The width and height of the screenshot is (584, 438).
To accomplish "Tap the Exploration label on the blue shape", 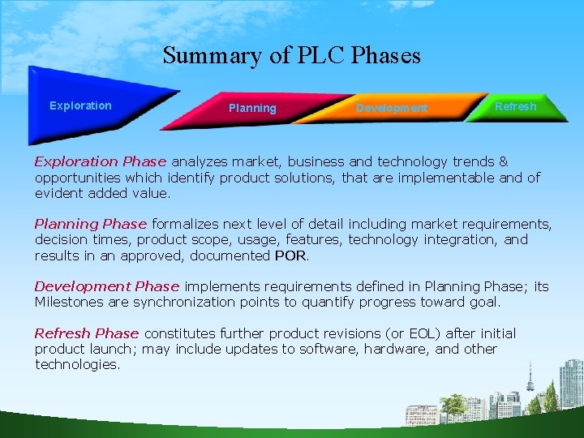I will (80, 105).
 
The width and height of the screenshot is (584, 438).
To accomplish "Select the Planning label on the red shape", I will (252, 108).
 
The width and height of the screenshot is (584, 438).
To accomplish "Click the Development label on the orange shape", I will (392, 108).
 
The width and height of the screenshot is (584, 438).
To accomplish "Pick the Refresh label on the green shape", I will (516, 106).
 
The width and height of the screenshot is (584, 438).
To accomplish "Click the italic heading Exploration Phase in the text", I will (100, 162).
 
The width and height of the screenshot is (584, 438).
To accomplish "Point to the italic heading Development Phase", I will (106, 286).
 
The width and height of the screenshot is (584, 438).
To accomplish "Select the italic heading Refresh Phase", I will (87, 333).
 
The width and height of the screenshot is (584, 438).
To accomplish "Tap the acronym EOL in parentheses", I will (429, 333).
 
